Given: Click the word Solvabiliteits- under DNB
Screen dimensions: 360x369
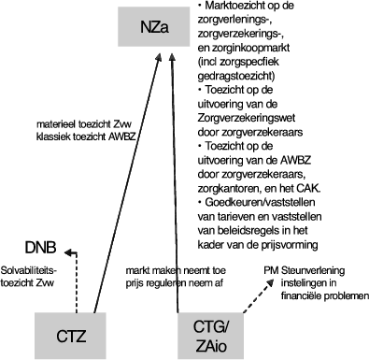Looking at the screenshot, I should coord(29,268).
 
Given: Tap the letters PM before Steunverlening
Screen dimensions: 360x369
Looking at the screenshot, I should coord(274,269).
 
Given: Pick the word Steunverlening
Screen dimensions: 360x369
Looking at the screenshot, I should coord(318,269).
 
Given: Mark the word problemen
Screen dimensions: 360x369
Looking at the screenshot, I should coord(343,297).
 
